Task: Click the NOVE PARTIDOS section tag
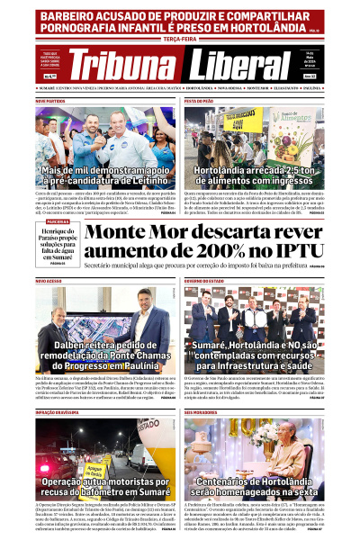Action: [x=51, y=102]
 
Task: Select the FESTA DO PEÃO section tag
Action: [x=199, y=102]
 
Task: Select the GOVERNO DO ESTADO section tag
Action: [x=206, y=281]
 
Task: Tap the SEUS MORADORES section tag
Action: [x=201, y=412]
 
